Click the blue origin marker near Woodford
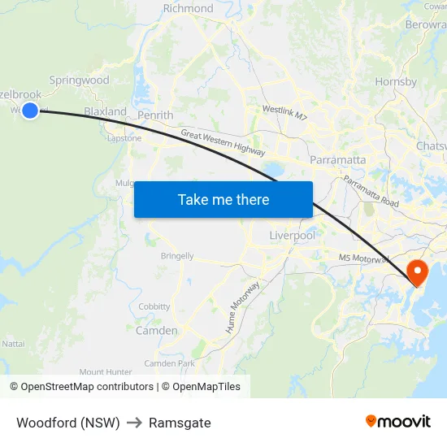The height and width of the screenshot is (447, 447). point(30,111)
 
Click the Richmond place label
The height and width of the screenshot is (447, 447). point(188,9)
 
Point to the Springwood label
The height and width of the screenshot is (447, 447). point(79,80)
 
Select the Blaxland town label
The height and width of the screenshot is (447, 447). point(105,111)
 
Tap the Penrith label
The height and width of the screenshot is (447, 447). point(155,115)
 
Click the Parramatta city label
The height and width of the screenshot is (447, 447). point(337,160)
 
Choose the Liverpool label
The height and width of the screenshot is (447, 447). point(292,236)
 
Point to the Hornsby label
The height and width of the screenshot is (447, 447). point(396,82)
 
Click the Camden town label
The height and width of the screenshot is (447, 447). point(156,331)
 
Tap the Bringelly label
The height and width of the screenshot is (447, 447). point(177,256)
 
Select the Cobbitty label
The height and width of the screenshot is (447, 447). point(154,307)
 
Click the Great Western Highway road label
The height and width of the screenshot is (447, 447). point(223,142)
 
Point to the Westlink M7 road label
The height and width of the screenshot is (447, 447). point(284,113)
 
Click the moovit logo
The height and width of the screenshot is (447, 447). point(398,421)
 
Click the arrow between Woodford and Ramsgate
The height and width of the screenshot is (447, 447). point(134,423)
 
